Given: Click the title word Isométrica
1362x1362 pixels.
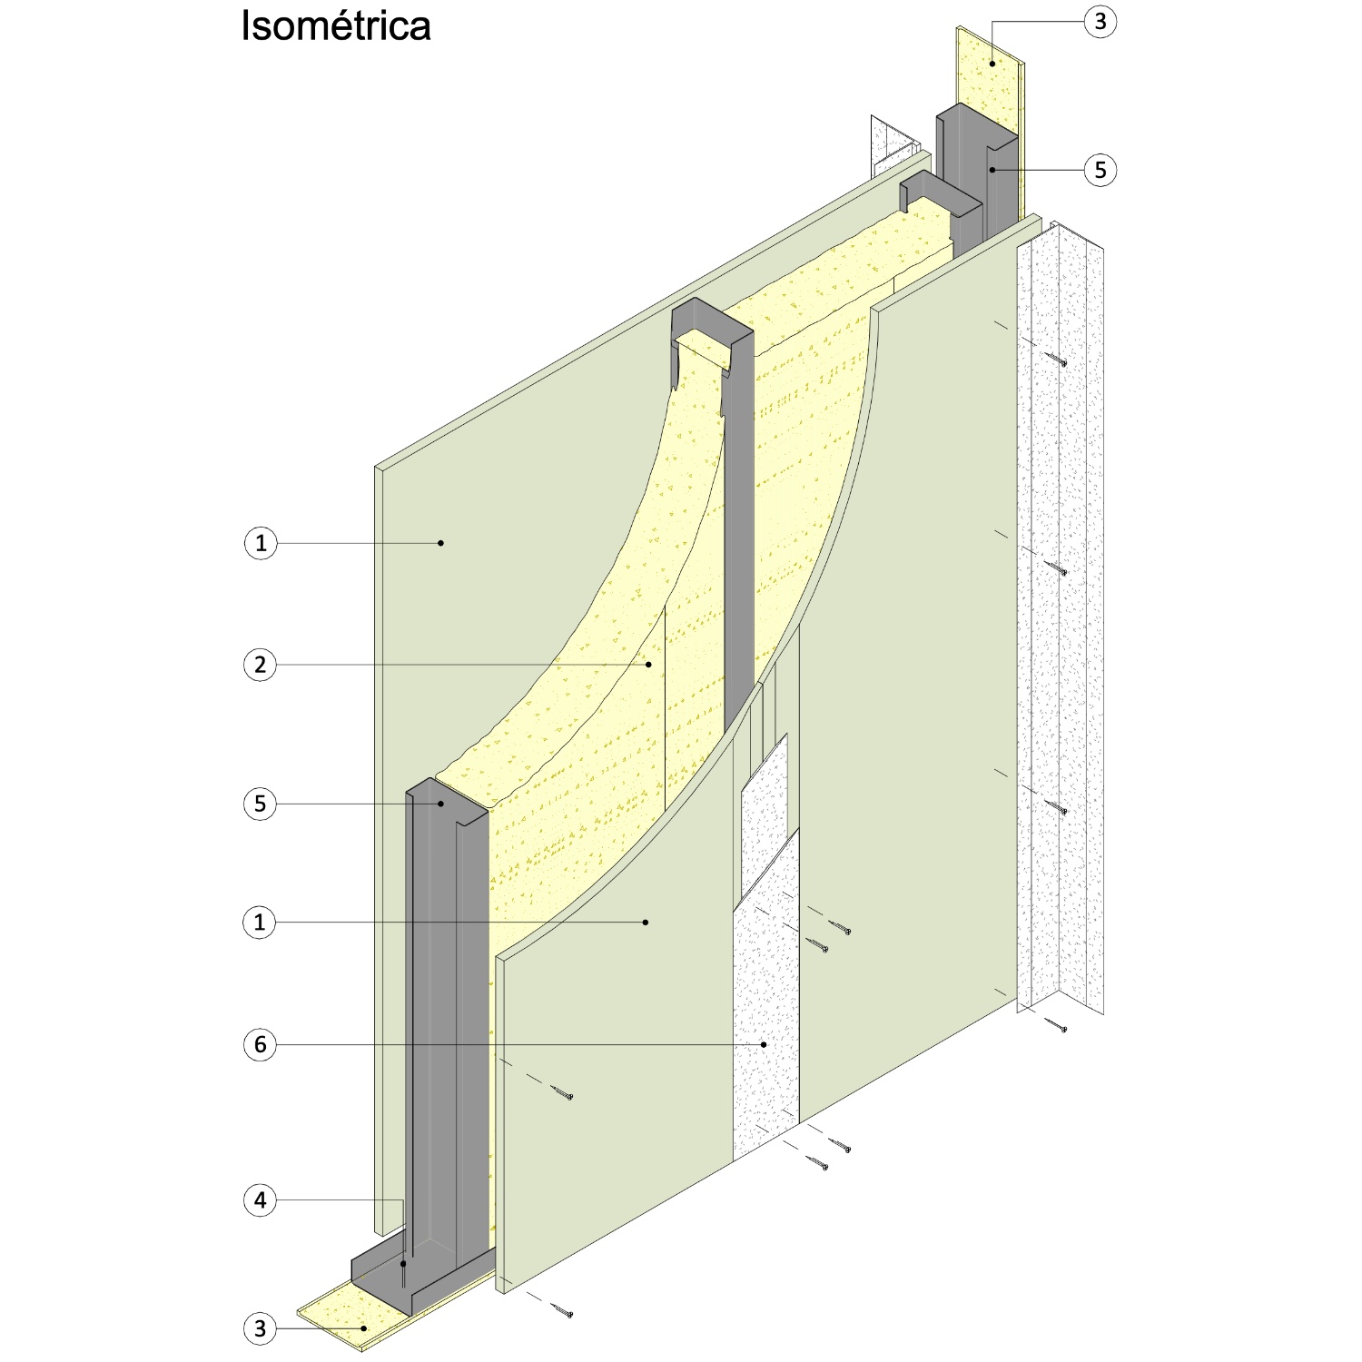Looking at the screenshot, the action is [x=335, y=26].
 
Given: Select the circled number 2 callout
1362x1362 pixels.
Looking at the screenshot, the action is [x=261, y=665].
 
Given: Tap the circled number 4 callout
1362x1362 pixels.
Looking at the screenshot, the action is [x=261, y=1200].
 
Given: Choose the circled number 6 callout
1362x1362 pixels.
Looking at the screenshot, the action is [x=261, y=1044].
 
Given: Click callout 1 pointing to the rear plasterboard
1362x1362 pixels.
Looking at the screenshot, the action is [x=261, y=543].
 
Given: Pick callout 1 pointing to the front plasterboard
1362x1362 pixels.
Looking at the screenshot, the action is [x=261, y=923].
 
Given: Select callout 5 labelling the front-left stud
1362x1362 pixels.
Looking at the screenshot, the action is [x=261, y=804].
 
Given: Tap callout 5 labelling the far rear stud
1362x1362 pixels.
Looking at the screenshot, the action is [x=1100, y=170].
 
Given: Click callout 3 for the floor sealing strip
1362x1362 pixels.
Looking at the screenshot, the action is [x=261, y=1328].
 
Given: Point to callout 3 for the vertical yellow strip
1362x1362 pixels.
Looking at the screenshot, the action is [x=1100, y=21].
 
